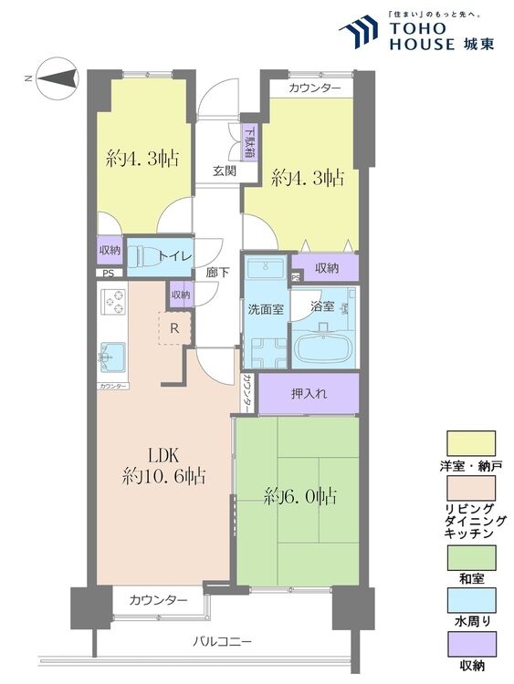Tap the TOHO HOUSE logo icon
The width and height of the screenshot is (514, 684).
coord(359,31)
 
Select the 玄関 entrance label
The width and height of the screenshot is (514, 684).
coord(225,171)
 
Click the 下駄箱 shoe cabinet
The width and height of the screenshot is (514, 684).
coord(250,142)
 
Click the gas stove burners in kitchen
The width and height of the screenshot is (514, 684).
coord(113,302)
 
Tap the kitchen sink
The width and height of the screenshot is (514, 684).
coord(112,358)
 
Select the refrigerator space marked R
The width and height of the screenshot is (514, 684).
coord(174,328)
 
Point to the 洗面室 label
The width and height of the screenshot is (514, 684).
coord(266,309)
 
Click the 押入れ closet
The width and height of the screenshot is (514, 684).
coord(309,393)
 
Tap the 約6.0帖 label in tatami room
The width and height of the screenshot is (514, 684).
coord(300,496)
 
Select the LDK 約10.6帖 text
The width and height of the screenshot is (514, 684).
coord(163,465)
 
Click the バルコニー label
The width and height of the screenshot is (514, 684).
coord(222,642)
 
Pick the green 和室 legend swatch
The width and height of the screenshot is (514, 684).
coord(471,557)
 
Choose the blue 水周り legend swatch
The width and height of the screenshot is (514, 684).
coord(471,600)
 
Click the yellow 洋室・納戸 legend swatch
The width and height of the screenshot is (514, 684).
coord(471,443)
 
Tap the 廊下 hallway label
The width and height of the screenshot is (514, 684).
coord(218,273)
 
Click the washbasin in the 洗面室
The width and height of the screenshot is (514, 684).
coord(266,268)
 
